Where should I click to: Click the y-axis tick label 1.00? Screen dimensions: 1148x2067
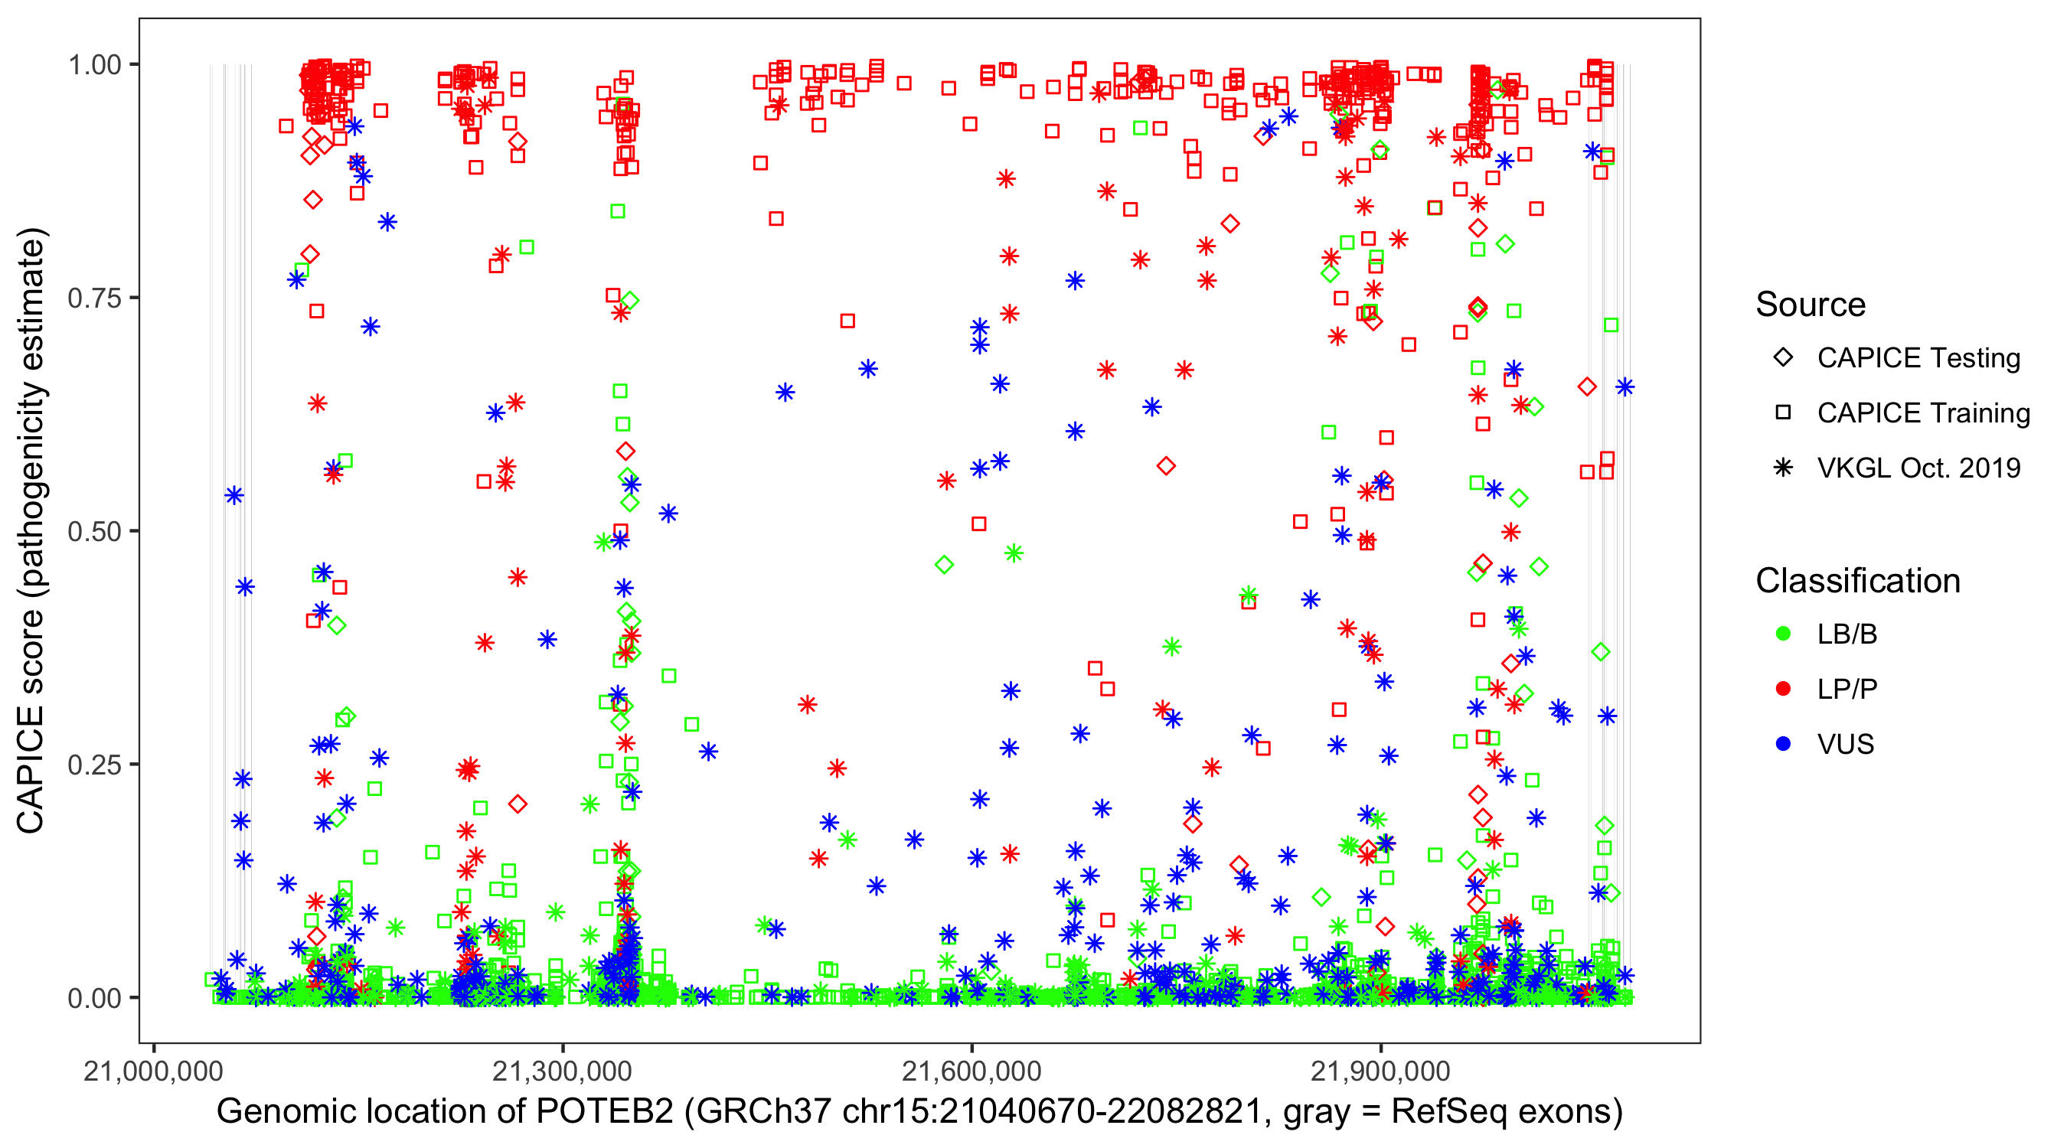coord(94,65)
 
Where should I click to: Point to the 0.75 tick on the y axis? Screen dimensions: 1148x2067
coord(94,298)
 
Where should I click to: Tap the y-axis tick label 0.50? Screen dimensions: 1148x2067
coord(94,532)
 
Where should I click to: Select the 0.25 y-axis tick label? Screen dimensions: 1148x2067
coord(94,765)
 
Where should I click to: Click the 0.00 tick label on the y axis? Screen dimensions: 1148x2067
coord(94,998)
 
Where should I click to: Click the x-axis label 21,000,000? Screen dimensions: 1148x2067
coord(153,1071)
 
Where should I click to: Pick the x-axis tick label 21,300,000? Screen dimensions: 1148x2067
coord(563,1071)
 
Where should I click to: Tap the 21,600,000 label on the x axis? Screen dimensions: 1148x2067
coord(971,1071)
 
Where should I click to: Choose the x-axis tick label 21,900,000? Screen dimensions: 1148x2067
coord(1381,1071)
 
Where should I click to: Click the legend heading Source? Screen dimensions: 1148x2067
coord(1811,305)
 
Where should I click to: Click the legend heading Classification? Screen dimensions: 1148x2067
coord(1857,581)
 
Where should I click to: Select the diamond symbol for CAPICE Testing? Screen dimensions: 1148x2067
coord(1784,358)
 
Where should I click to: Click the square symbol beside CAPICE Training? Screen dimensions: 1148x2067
coord(1784,413)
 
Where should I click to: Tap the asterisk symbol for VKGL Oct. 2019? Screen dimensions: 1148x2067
coord(1784,468)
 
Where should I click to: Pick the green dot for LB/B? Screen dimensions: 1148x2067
coord(1784,634)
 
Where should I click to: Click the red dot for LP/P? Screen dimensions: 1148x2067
coord(1784,689)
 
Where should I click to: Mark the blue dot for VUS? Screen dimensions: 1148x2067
coord(1784,745)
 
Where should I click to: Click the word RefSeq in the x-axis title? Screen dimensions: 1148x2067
coord(1437,1112)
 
